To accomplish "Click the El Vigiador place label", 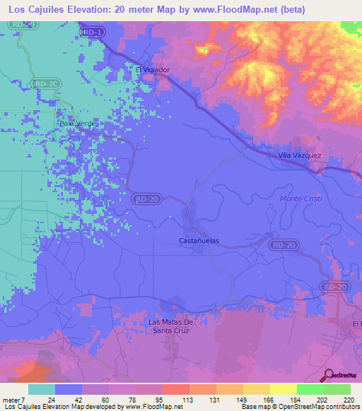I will point(152,69).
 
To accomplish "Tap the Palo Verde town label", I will point(76,123).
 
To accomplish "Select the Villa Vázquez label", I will point(299,155).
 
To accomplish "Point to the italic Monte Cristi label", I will point(302,199).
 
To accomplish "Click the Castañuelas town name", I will point(198,241).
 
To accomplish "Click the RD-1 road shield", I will point(93,32).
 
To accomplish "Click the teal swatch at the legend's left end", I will point(42,389).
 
